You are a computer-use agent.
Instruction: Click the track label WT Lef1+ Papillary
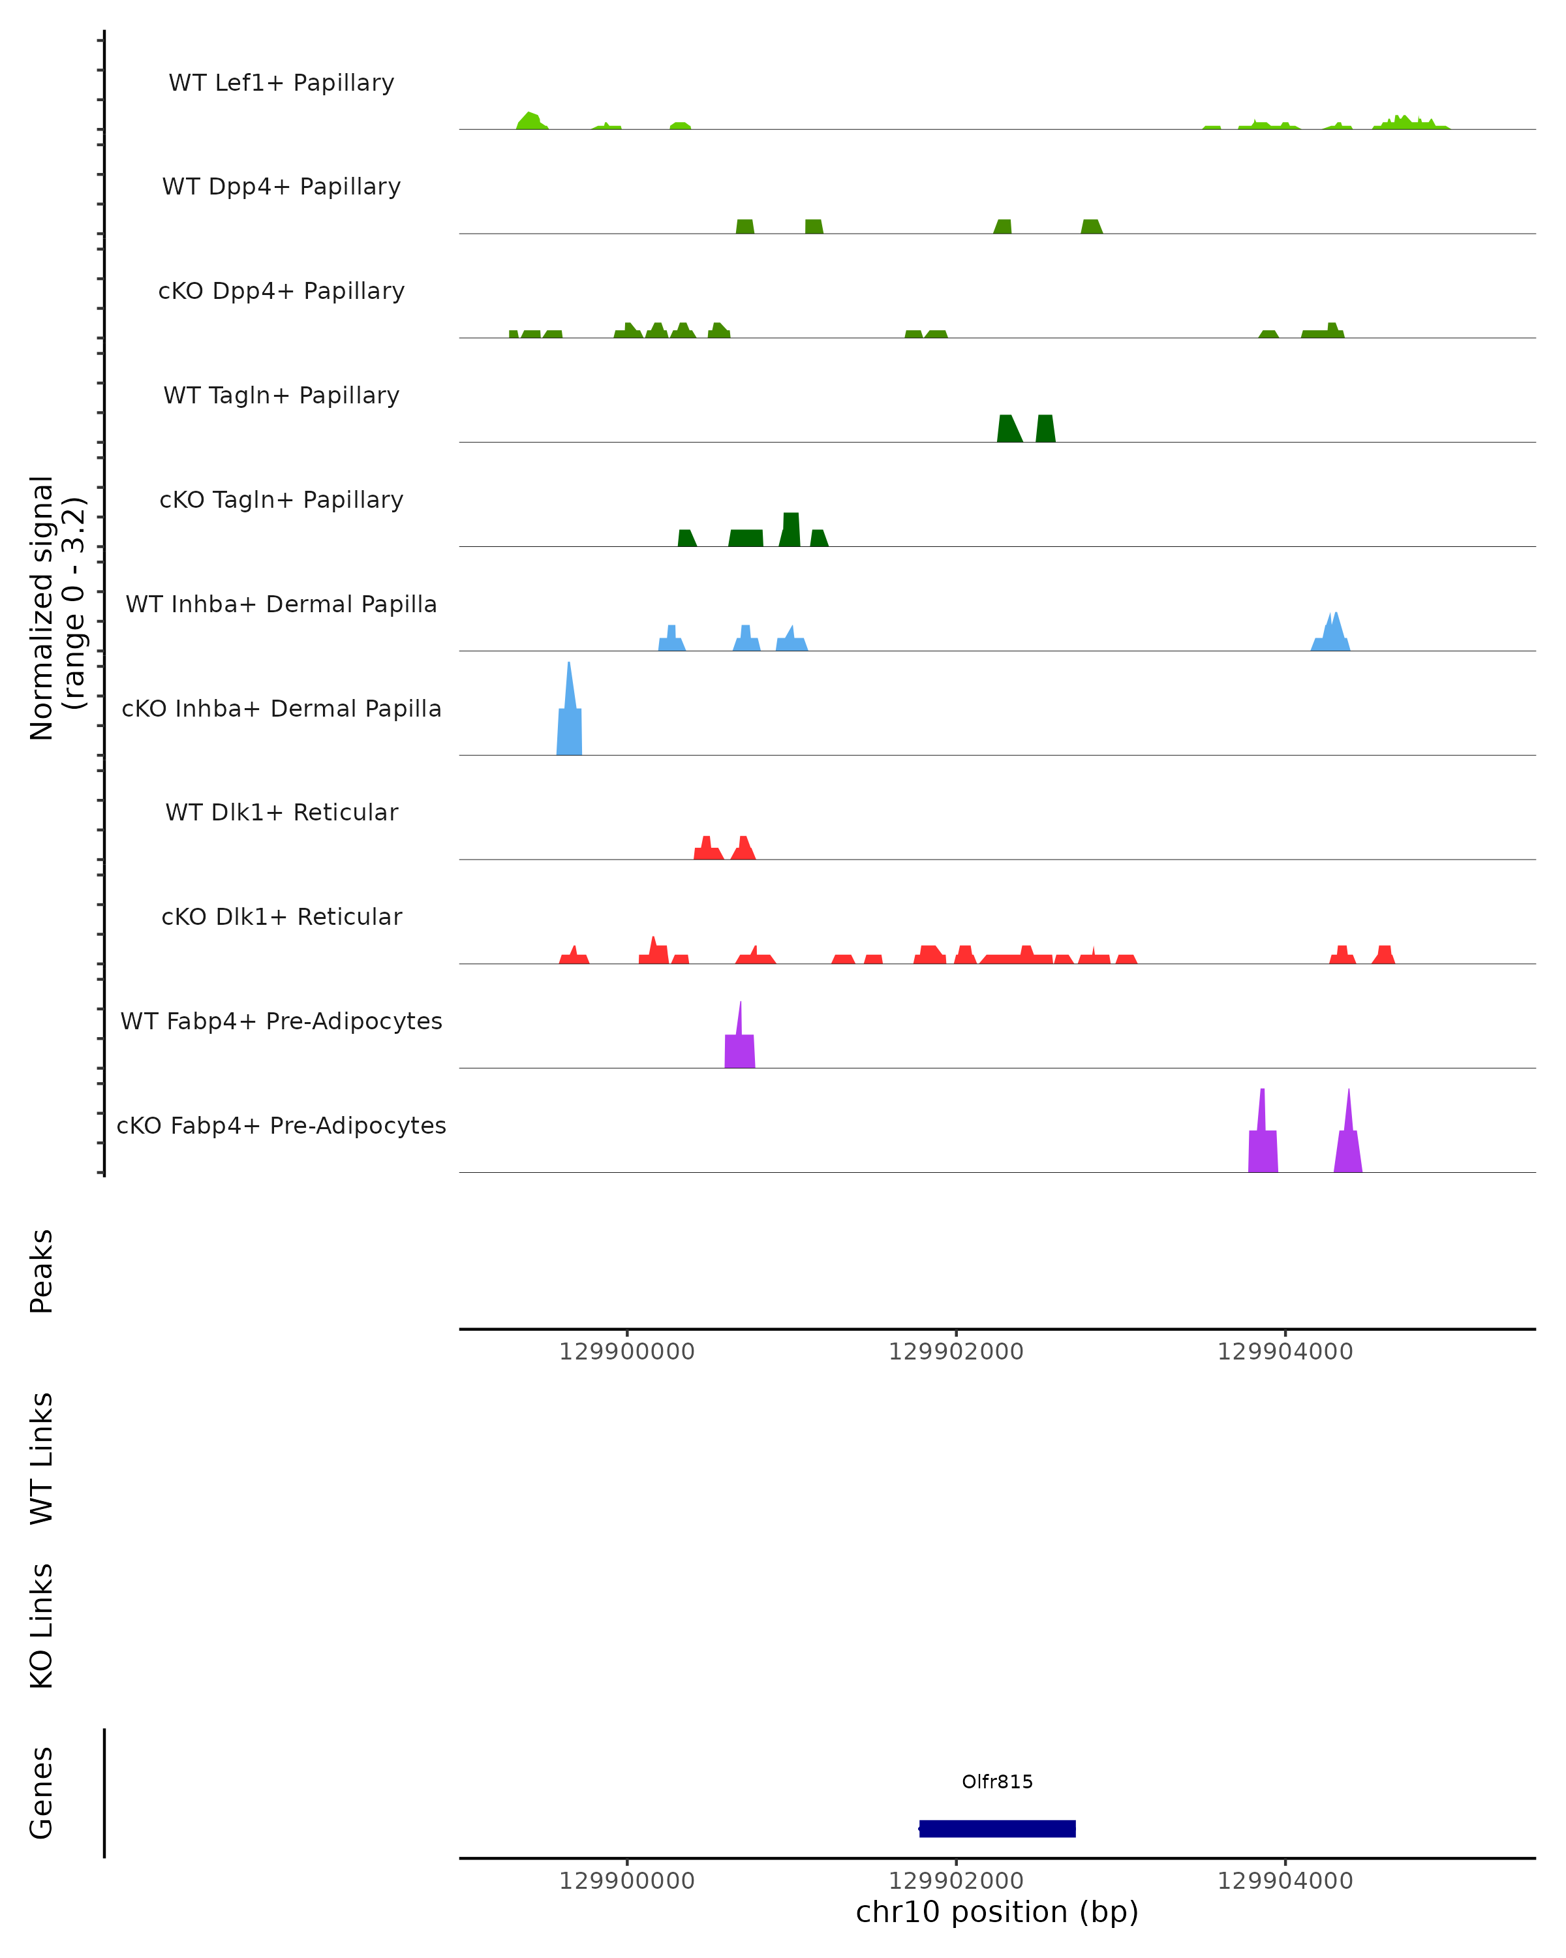click(281, 83)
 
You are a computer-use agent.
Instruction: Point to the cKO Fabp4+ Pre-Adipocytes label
click(281, 1125)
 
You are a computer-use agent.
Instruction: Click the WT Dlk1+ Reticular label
click(281, 812)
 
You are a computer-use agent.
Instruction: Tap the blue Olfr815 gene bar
click(997, 1828)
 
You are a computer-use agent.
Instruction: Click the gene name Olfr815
click(997, 1782)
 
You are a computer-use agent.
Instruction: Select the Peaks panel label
click(42, 1271)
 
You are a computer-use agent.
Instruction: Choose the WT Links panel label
click(42, 1457)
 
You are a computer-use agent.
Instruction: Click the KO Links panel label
click(42, 1626)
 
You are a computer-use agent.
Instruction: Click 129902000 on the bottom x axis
click(956, 1881)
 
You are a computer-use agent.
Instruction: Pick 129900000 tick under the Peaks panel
click(626, 1352)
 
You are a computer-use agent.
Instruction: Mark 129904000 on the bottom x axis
click(1285, 1881)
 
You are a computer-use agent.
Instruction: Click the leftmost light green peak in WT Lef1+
click(531, 121)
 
